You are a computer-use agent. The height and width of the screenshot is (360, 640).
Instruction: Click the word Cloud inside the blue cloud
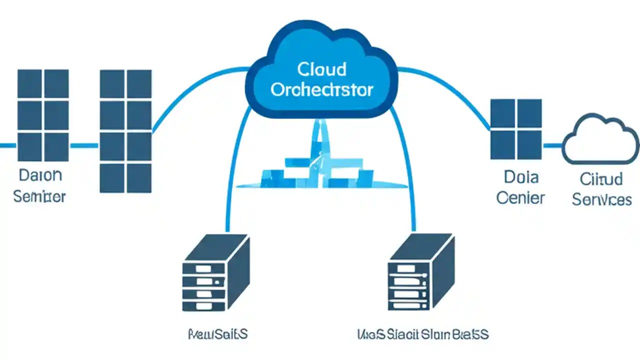(x=321, y=68)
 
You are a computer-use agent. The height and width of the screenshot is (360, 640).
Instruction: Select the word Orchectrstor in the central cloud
(x=321, y=89)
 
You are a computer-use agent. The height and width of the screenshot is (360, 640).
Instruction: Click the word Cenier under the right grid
(x=520, y=197)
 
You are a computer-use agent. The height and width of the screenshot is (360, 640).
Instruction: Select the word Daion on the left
(x=40, y=175)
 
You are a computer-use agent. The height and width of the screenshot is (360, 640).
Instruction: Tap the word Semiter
(x=39, y=196)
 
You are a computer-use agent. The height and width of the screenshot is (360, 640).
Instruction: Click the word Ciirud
(x=601, y=178)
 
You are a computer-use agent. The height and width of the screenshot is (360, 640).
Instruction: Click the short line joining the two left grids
(x=84, y=145)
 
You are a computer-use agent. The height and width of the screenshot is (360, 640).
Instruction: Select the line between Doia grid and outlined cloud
(x=552, y=145)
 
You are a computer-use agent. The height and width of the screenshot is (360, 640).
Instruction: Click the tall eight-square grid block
(x=125, y=131)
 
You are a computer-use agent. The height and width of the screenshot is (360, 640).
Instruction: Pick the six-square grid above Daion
(x=43, y=115)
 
